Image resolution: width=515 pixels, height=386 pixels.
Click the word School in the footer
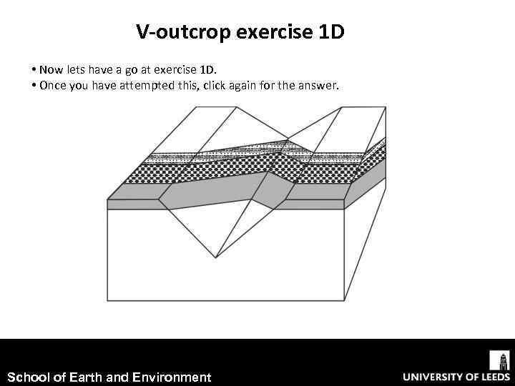click(x=26, y=377)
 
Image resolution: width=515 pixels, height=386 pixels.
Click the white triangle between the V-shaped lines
click(x=215, y=229)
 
